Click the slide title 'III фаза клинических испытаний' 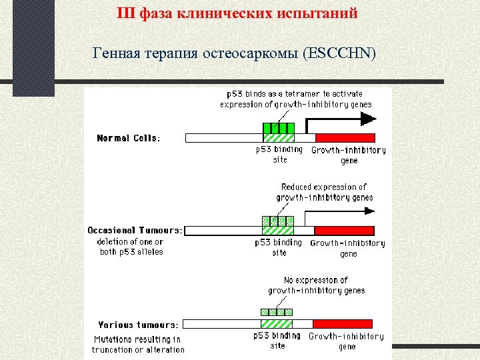pyautogui.click(x=237, y=13)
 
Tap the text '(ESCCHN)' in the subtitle pyautogui.click(x=339, y=53)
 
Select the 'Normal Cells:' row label pyautogui.click(x=129, y=138)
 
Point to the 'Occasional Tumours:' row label pyautogui.click(x=135, y=230)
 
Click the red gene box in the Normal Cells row pyautogui.click(x=345, y=137)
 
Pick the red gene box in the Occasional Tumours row pyautogui.click(x=345, y=230)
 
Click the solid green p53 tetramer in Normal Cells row pyautogui.click(x=278, y=127)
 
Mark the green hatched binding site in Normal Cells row pyautogui.click(x=278, y=137)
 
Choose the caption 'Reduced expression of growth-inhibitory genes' pyautogui.click(x=324, y=192)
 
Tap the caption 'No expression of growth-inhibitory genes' pyautogui.click(x=316, y=285)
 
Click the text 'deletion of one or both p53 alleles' pyautogui.click(x=130, y=247)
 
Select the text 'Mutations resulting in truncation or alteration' pyautogui.click(x=138, y=344)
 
